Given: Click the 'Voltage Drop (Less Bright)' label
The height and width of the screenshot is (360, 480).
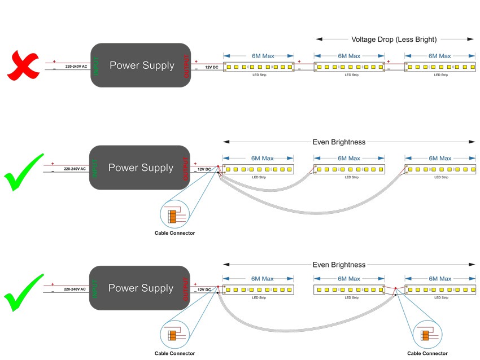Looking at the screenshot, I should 394,39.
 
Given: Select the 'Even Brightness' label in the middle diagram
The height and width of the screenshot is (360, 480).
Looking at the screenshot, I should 339,142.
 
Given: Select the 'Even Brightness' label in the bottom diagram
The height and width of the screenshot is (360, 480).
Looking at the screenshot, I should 339,265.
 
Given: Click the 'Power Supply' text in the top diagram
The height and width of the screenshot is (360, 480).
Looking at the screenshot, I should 142,65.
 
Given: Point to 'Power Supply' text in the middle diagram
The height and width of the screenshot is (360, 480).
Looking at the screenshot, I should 141,168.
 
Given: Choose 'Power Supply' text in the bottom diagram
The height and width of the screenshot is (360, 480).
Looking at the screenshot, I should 141,288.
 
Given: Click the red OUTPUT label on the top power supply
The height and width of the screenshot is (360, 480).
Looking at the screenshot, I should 186,65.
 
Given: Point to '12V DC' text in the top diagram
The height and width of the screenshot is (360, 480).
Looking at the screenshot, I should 212,67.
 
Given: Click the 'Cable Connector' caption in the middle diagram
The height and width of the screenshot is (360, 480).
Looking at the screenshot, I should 174,233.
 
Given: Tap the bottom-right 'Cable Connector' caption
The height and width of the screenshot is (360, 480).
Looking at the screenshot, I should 427,354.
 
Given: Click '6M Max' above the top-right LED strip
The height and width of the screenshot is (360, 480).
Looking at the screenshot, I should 439,56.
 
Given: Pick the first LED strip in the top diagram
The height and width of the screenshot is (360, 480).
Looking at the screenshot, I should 259,67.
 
